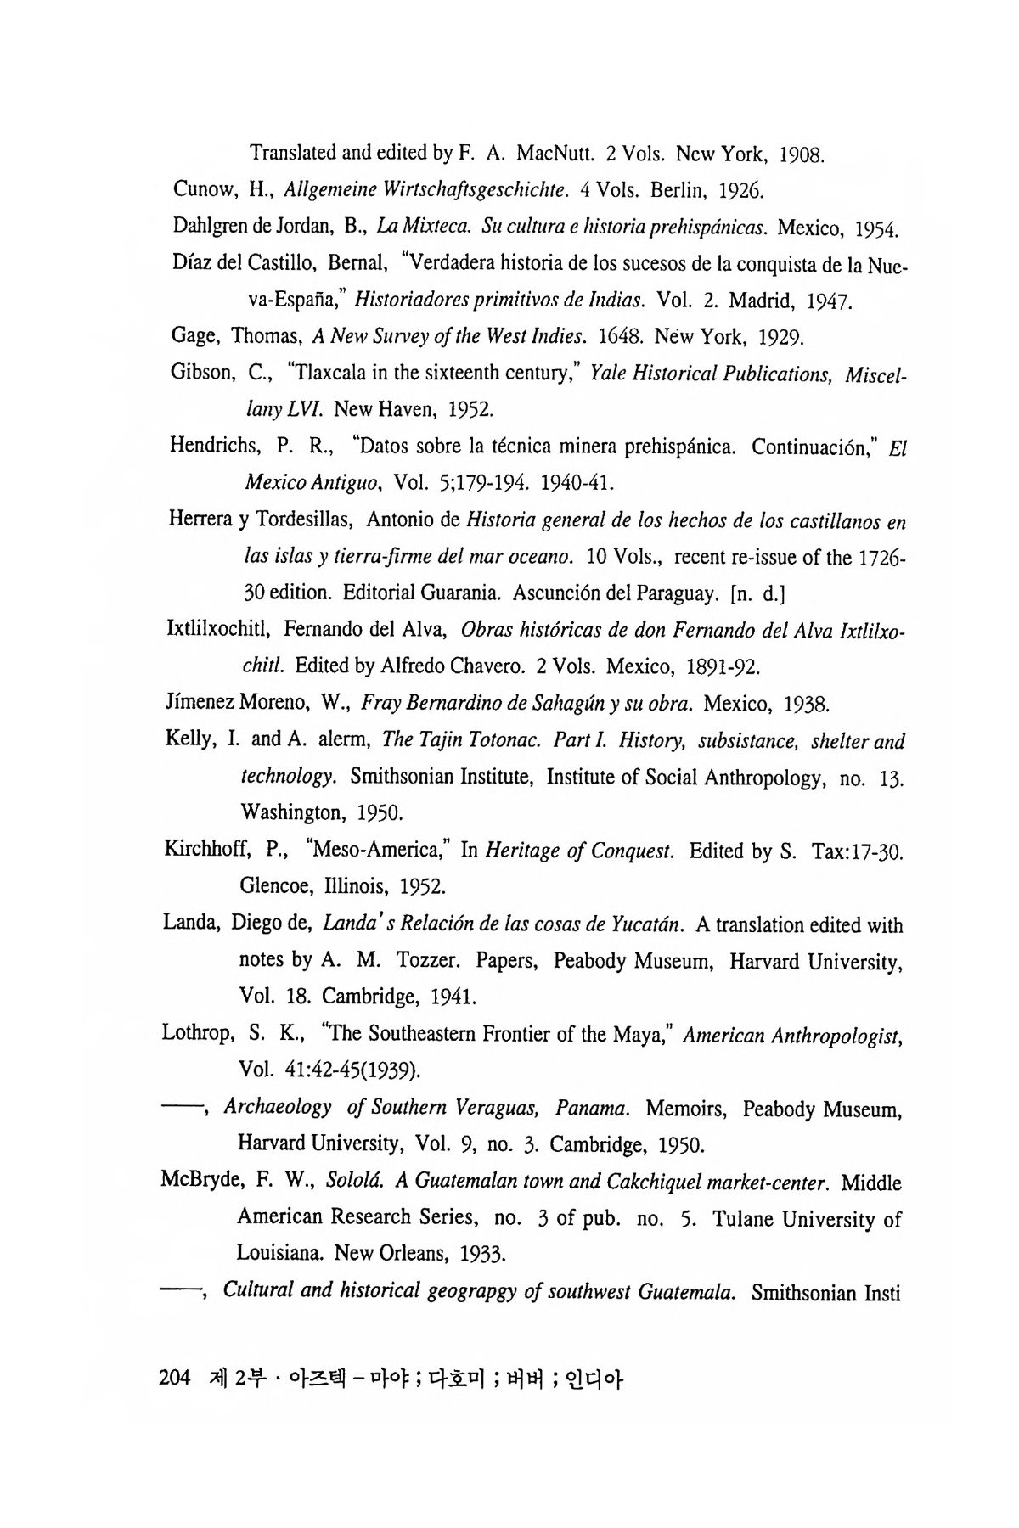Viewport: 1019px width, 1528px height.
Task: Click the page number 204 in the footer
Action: [x=173, y=1377]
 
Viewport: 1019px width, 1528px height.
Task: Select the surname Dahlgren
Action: [x=210, y=227]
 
